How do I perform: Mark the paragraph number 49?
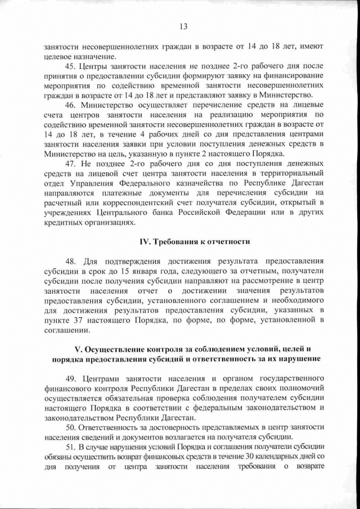[x=71, y=378]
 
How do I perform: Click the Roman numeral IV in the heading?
[x=144, y=241]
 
